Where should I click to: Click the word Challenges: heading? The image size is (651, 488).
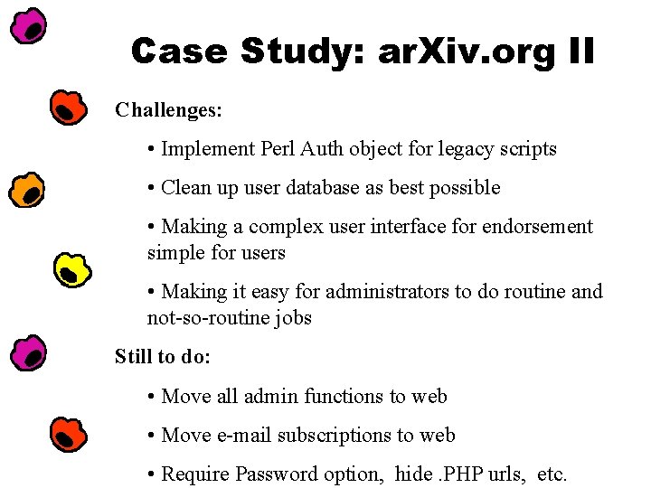(168, 110)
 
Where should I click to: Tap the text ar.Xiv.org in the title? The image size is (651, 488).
(467, 52)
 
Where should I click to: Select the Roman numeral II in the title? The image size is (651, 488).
(581, 52)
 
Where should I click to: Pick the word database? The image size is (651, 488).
(323, 187)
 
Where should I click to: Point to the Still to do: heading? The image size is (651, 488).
(163, 356)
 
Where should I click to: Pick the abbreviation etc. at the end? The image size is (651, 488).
(552, 474)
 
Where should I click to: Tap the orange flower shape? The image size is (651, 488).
(26, 190)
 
